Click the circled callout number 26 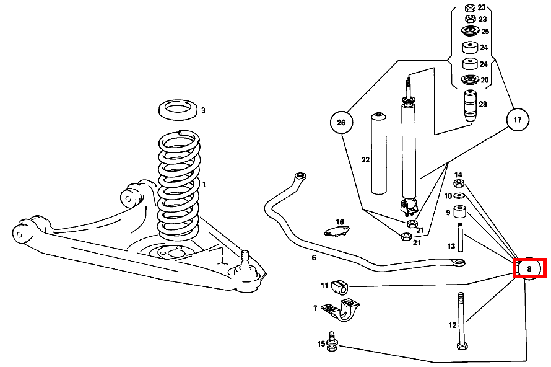coord(341,122)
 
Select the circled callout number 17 coord(518,119)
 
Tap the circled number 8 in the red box coord(529,268)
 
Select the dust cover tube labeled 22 coord(378,155)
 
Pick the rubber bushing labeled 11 coord(340,286)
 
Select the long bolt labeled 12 coord(460,319)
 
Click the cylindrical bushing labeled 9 coord(460,213)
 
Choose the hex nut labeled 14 coord(459,183)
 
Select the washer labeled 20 coord(470,80)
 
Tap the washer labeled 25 coord(470,31)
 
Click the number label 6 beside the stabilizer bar coord(314,257)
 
